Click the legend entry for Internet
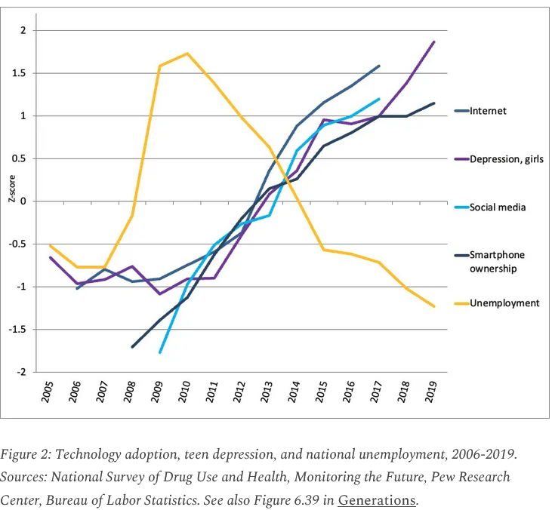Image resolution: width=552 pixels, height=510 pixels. click(x=488, y=111)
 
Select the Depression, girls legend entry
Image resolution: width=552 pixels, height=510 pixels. click(x=506, y=159)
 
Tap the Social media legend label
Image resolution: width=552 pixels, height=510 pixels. click(x=498, y=207)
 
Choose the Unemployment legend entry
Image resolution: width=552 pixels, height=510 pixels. click(x=504, y=303)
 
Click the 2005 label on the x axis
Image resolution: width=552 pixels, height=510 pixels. click(x=48, y=392)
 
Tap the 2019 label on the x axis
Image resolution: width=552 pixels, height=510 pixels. click(x=433, y=392)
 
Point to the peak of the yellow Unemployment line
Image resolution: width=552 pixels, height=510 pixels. click(x=187, y=54)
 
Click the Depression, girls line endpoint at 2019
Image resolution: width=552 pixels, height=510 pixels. click(x=434, y=41)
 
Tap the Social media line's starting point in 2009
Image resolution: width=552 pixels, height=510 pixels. click(x=160, y=352)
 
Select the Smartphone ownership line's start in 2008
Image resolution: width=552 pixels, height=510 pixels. click(x=132, y=347)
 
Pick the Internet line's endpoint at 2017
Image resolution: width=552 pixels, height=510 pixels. click(x=379, y=66)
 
